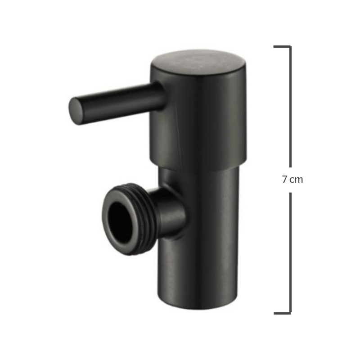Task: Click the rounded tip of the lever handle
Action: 76,111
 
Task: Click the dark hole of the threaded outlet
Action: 119,221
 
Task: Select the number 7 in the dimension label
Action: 285,179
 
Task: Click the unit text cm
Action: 296,180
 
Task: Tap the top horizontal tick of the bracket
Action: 282,47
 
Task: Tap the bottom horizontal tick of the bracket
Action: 282,313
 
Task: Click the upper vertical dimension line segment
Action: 290,107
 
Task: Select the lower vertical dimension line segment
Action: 290,253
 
